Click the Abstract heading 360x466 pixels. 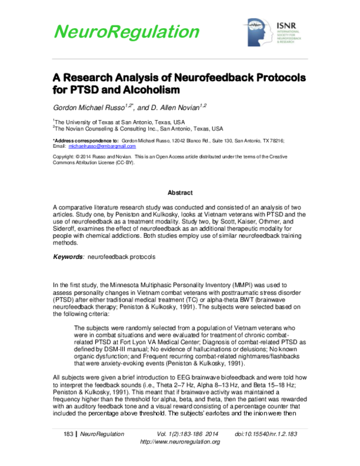point(179,193)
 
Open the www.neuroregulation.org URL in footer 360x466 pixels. point(179,441)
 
